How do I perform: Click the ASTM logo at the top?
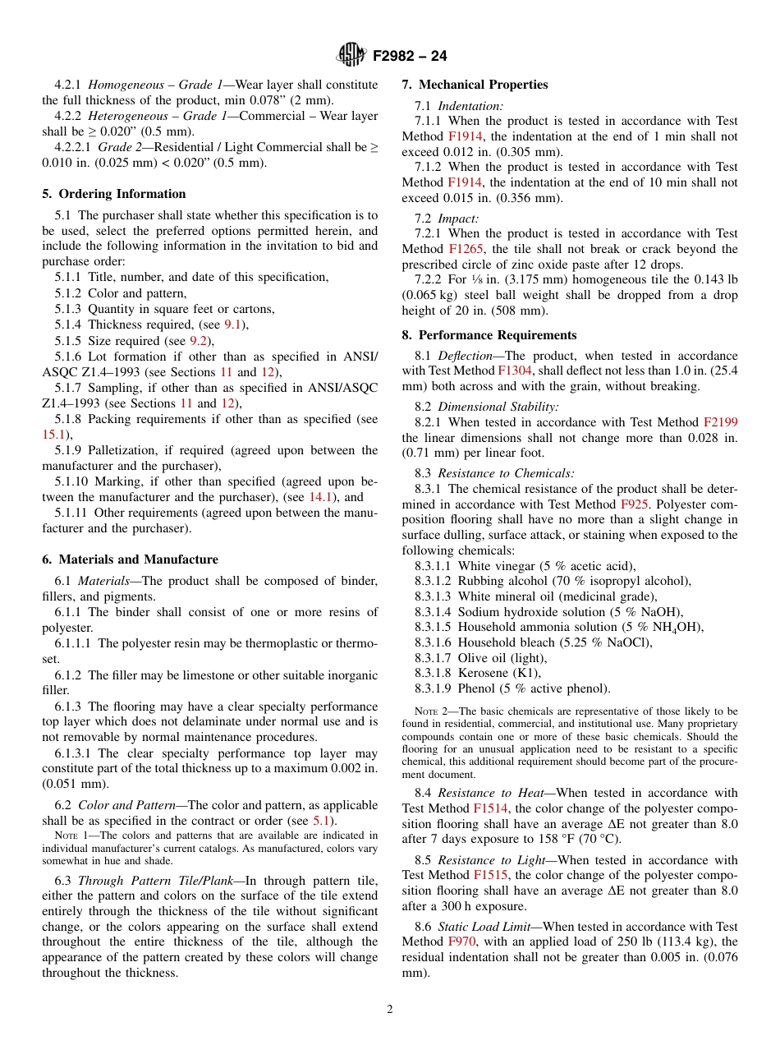coord(352,55)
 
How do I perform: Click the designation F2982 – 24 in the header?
coord(410,56)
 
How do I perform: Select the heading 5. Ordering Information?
coord(114,194)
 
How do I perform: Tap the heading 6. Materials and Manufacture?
coord(130,559)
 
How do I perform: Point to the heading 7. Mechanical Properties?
coord(475,85)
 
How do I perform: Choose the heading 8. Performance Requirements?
coord(489,335)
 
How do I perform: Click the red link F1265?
coord(466,249)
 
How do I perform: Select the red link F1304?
coord(515,371)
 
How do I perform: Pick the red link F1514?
coord(489,808)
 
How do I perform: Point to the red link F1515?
coord(489,876)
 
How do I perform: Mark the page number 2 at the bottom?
coord(390,1010)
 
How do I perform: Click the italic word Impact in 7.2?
coord(457,219)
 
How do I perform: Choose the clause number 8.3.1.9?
coord(433,688)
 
